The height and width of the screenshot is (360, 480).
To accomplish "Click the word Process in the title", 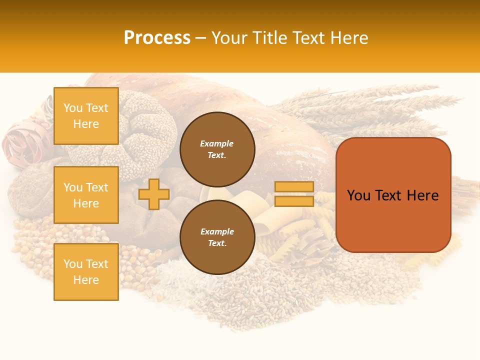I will (x=157, y=38).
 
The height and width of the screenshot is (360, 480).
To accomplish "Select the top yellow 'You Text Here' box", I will (x=86, y=116).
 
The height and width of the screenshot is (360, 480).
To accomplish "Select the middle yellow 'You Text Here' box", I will (x=86, y=195).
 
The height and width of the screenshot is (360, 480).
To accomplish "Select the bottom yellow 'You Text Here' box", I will (x=86, y=271).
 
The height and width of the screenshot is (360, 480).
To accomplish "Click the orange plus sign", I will (x=154, y=194).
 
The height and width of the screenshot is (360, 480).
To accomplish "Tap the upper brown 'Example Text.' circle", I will (x=217, y=149).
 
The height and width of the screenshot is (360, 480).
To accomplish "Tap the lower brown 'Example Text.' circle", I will (x=217, y=237).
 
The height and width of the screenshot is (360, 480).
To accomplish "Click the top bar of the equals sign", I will (x=294, y=187).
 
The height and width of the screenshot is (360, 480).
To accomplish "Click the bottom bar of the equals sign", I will (x=294, y=201).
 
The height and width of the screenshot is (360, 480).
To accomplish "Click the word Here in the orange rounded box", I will (x=422, y=195).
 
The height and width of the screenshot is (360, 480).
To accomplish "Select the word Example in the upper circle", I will (x=217, y=143).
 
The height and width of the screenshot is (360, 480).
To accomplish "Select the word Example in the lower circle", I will (x=217, y=231).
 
